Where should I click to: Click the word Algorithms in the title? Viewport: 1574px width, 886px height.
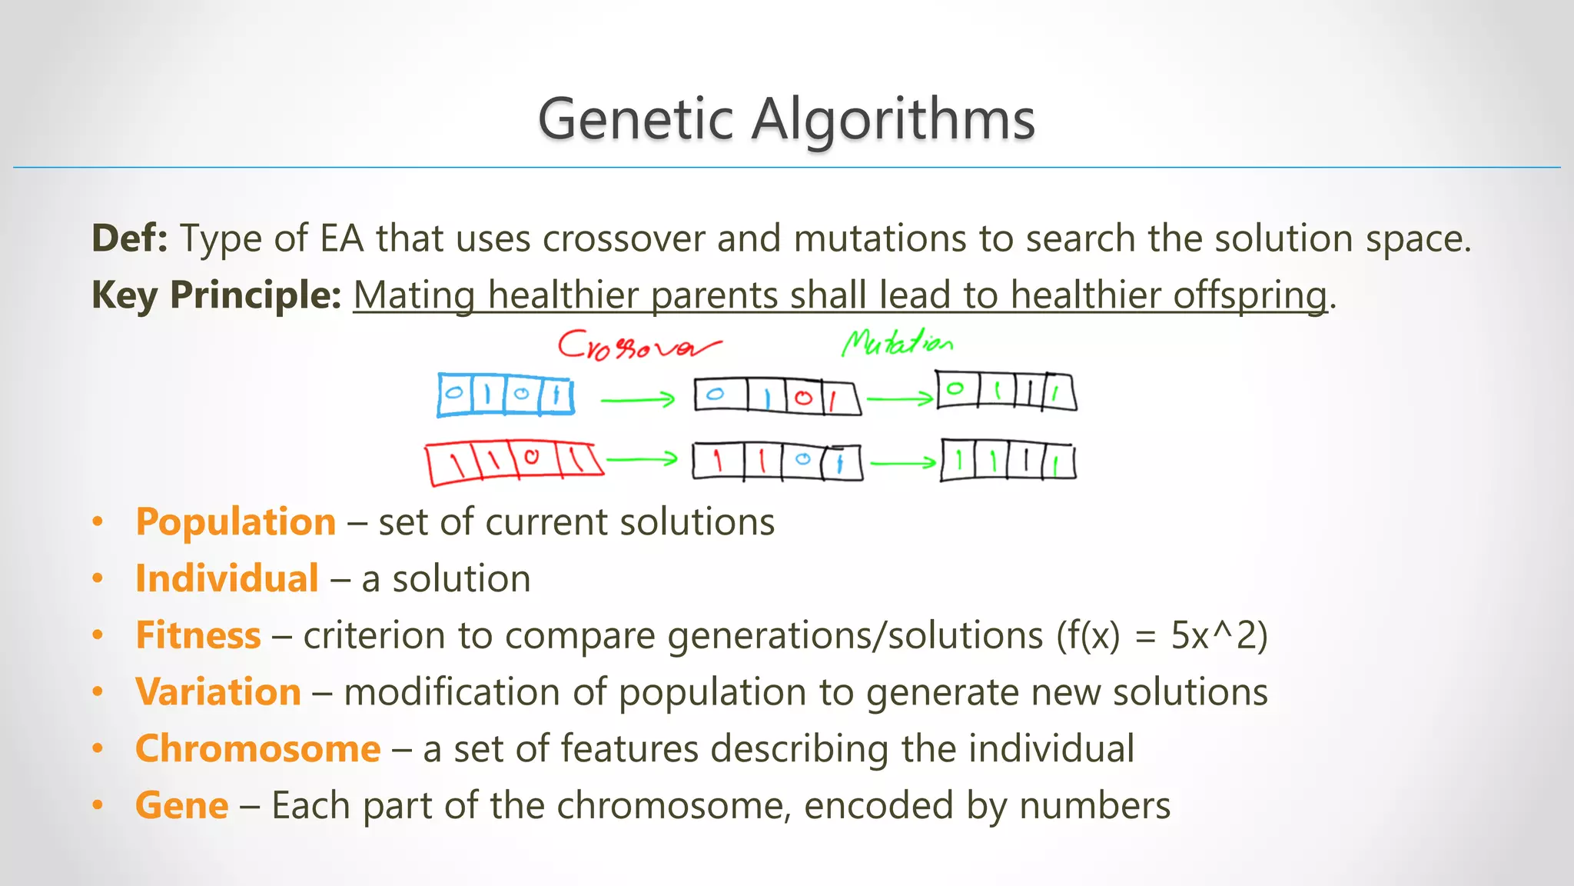[893, 121]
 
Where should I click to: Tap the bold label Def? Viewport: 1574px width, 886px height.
[129, 238]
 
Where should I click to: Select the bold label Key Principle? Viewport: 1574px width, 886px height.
[216, 295]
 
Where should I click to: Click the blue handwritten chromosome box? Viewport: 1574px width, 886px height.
[505, 395]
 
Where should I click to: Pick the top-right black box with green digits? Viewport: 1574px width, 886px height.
[1005, 391]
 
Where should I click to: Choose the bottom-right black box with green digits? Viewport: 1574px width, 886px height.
[1008, 461]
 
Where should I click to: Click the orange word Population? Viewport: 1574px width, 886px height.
[235, 522]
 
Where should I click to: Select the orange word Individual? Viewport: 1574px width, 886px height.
[227, 578]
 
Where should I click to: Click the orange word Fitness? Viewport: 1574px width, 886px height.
[198, 636]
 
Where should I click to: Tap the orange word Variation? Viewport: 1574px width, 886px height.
[218, 692]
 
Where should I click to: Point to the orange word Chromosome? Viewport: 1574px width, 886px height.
[257, 749]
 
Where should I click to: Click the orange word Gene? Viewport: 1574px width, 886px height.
[181, 806]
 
